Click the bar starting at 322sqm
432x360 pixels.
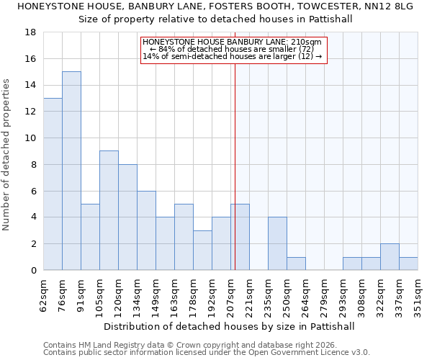click(390, 257)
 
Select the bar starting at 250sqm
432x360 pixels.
click(296, 264)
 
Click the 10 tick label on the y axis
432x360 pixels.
click(31, 138)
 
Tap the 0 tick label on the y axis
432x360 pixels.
click(34, 271)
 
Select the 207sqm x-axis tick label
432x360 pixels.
click(232, 296)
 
